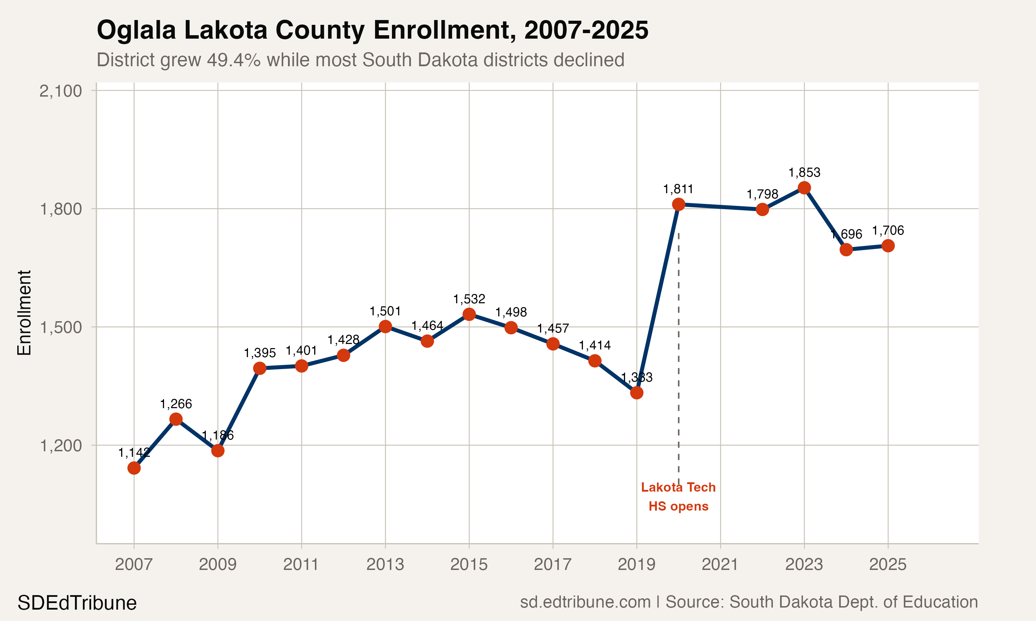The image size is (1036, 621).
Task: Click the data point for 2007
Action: click(134, 468)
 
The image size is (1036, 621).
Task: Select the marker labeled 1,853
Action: click(804, 188)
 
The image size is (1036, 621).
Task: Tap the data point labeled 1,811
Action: click(678, 204)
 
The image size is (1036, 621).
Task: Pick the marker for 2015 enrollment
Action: click(469, 314)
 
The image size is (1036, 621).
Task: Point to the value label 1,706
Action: click(888, 230)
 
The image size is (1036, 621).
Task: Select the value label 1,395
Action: click(260, 353)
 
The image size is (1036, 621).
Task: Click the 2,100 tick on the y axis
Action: click(61, 91)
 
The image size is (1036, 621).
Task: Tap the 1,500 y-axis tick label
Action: click(61, 327)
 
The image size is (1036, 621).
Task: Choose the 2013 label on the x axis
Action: click(385, 564)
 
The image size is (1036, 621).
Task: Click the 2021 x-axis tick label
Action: click(720, 564)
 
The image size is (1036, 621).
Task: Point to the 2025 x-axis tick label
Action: click(888, 564)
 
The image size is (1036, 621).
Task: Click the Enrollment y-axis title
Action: click(24, 313)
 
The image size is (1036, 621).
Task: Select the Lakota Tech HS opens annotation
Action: click(678, 497)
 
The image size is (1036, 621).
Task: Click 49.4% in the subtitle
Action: click(234, 60)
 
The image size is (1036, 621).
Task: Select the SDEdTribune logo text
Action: click(77, 603)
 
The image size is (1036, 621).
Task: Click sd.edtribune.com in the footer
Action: click(585, 602)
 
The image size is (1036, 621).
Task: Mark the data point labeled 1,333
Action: click(636, 393)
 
